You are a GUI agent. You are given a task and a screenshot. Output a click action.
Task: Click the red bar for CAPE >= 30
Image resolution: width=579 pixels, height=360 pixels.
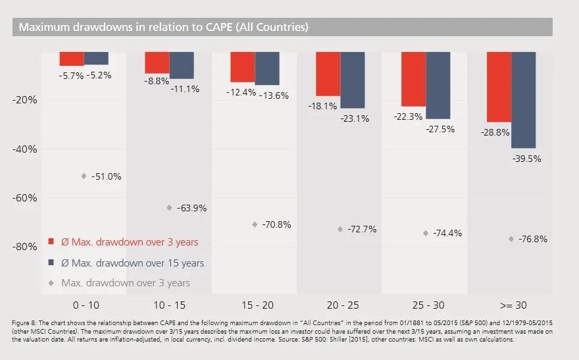point(499,87)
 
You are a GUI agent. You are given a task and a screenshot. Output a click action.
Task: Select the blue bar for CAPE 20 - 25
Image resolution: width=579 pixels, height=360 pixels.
point(353,80)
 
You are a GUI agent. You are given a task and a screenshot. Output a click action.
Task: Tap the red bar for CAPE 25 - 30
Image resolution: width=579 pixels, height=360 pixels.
point(413,79)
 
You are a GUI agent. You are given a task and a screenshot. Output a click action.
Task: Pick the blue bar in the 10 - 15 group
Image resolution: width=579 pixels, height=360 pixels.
point(182,65)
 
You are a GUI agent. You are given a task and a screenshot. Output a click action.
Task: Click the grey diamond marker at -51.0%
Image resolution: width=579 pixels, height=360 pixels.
point(84,176)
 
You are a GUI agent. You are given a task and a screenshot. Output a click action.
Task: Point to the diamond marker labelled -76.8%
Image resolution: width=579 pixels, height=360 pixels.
point(511,239)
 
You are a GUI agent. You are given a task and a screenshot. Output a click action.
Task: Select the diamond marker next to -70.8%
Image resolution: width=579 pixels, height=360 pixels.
point(255,224)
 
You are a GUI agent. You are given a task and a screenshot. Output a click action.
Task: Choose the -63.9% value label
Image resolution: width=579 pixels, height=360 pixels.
point(193,208)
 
